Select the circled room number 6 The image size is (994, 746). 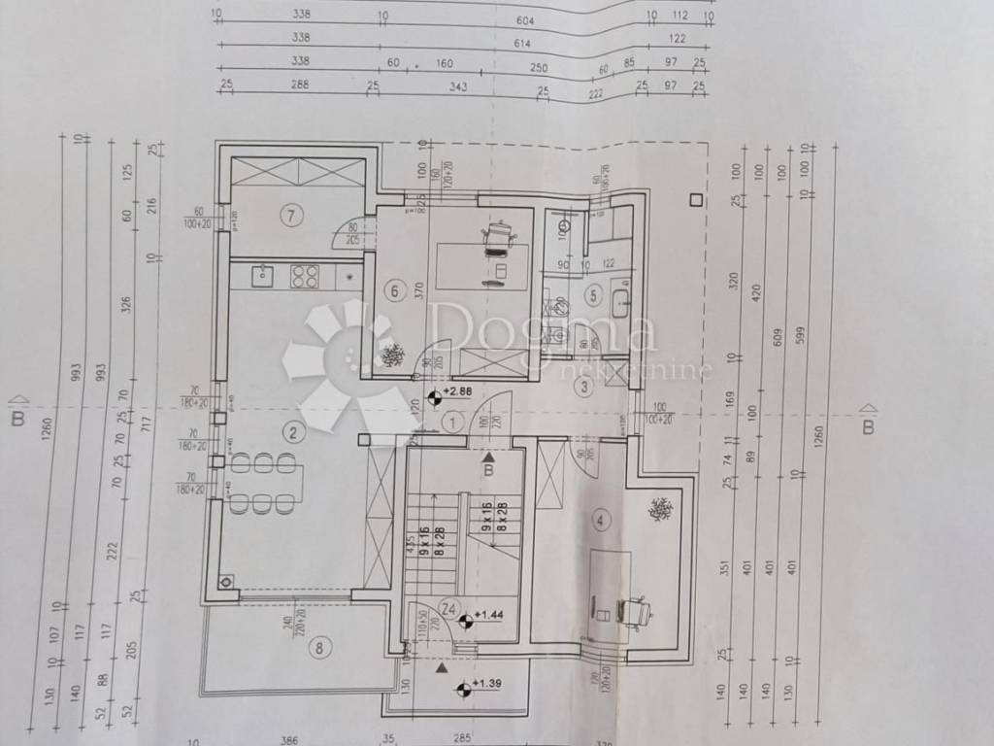392,289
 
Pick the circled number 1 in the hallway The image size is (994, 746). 452,422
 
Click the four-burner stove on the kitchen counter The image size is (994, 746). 306,277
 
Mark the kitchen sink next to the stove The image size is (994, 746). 262,277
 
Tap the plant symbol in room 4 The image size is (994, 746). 660,509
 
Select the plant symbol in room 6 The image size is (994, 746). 393,356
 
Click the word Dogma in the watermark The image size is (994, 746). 544,328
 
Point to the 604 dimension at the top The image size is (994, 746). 524,17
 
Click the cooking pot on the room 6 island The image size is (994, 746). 498,236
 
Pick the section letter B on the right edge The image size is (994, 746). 869,426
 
